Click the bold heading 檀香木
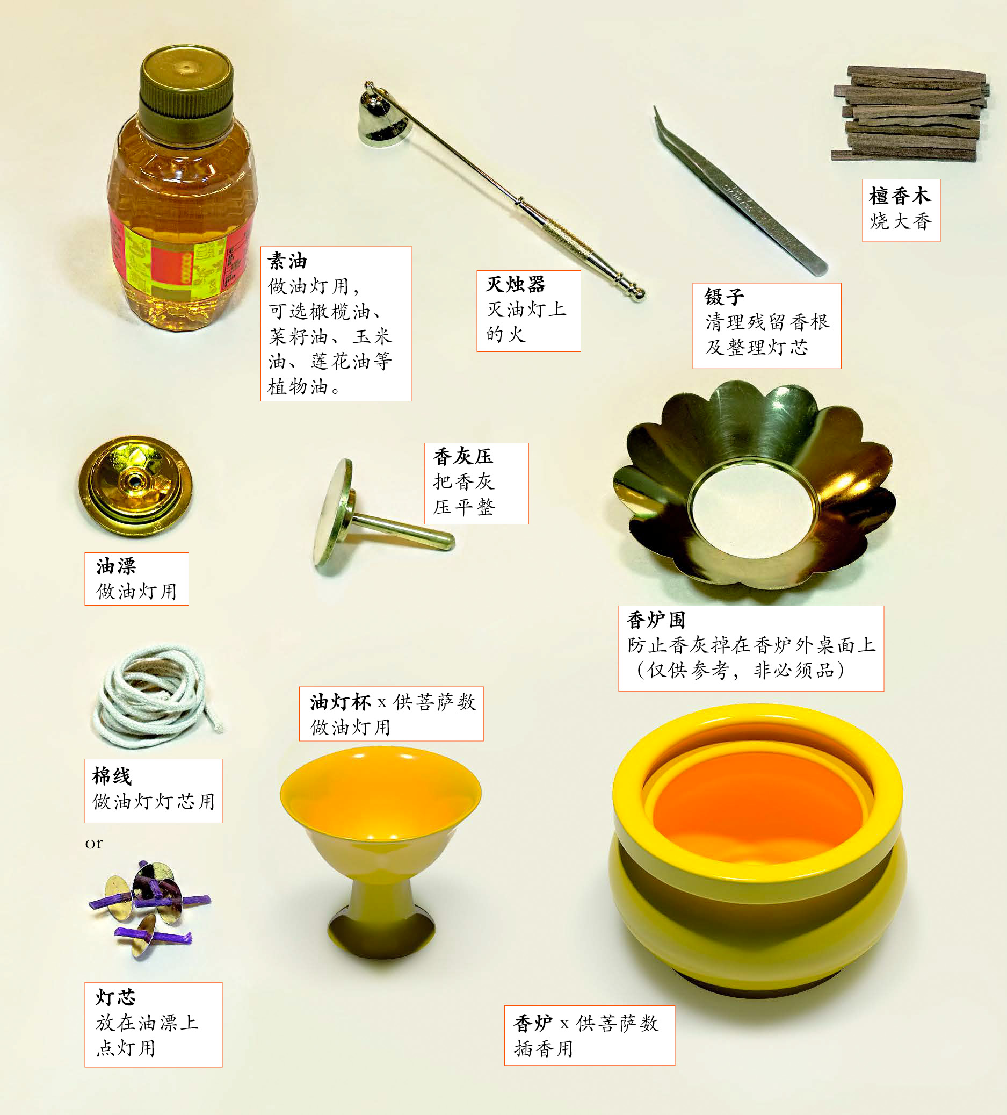[x=900, y=196]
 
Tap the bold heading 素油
[x=287, y=261]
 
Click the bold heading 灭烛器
[x=516, y=284]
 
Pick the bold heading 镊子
[x=724, y=297]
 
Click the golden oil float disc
[x=135, y=486]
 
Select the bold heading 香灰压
[x=463, y=456]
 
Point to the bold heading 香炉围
[x=656, y=620]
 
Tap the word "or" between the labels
[x=94, y=844]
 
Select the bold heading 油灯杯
[x=339, y=702]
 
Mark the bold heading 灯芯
[x=115, y=997]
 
